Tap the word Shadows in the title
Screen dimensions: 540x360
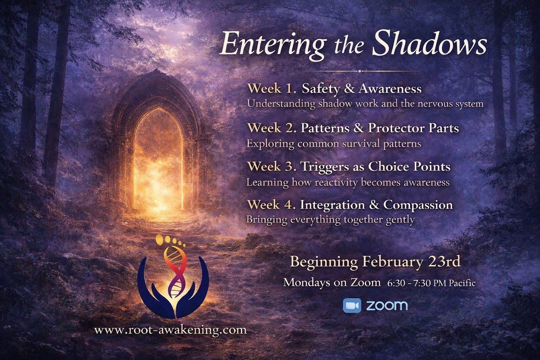pos(429,43)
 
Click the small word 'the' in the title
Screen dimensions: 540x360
pos(348,45)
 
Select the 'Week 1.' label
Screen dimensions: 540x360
pos(272,89)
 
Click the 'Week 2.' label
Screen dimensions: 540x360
pos(272,128)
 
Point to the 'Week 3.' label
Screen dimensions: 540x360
pos(272,166)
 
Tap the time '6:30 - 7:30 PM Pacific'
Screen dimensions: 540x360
pos(431,283)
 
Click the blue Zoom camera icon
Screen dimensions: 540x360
pos(352,306)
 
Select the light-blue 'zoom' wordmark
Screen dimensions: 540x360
pos(387,306)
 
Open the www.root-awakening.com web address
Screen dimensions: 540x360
pos(171,330)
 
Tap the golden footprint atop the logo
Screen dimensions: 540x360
pos(170,242)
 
